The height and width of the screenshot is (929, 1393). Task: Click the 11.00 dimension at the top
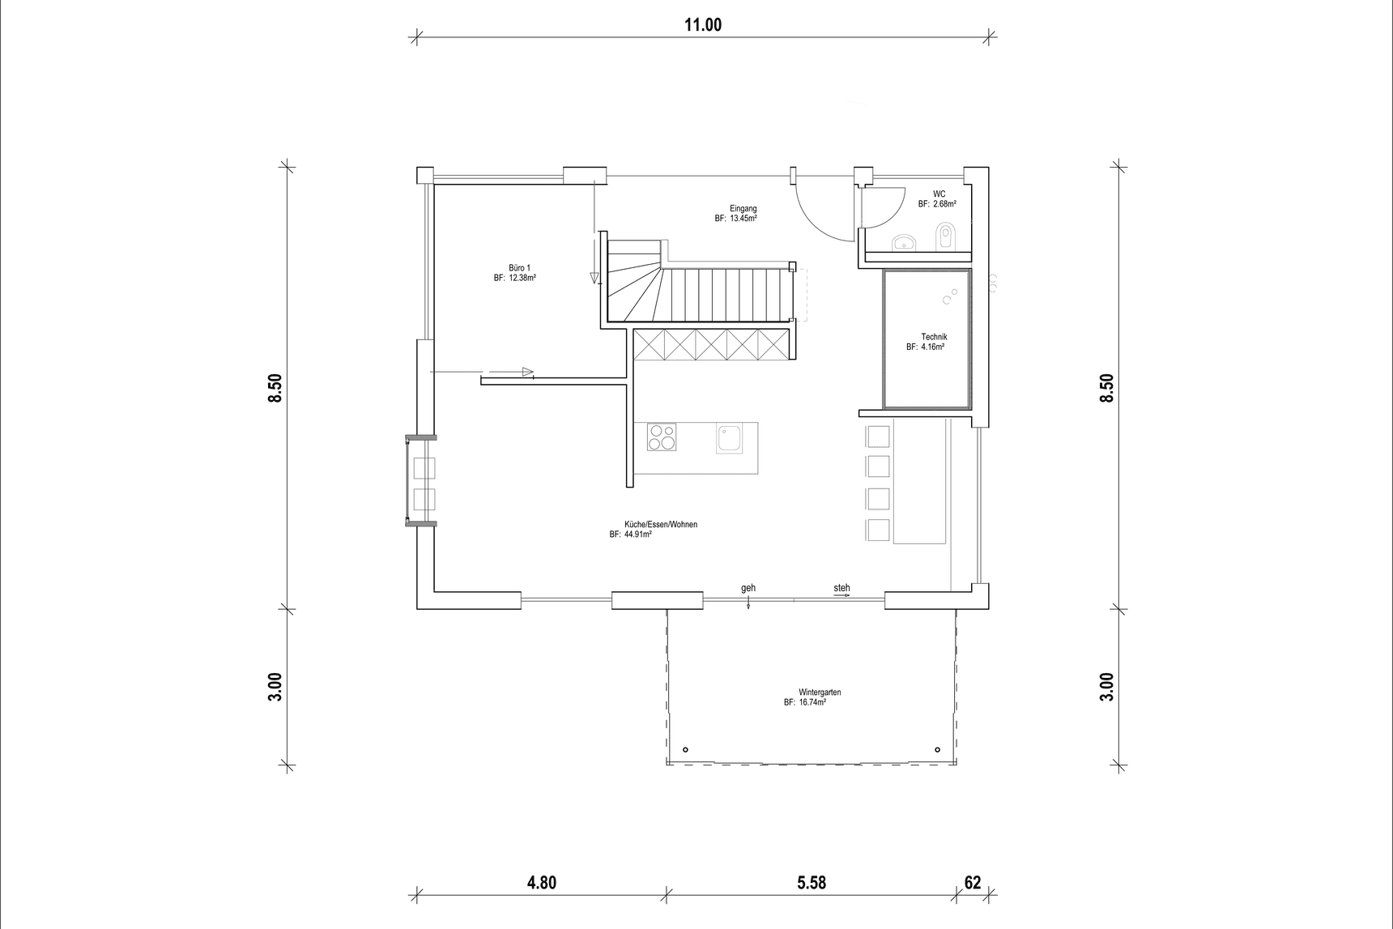coord(702,24)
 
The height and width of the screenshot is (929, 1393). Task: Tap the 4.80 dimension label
coord(541,882)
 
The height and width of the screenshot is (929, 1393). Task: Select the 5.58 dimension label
coord(811,882)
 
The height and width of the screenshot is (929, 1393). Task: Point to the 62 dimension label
coord(972,882)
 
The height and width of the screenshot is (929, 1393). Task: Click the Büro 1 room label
coord(519,268)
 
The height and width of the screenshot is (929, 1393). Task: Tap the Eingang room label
coord(743,209)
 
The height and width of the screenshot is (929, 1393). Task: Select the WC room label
coord(939,194)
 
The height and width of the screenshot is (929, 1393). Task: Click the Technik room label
coord(934,337)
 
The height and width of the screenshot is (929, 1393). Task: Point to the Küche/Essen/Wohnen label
coord(661,525)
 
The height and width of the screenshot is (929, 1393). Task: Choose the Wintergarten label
coord(820,692)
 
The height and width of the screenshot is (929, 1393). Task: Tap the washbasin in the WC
coord(904,241)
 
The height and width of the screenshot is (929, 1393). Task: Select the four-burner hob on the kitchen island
coord(662,437)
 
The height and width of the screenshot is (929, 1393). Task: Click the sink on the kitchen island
coord(730,437)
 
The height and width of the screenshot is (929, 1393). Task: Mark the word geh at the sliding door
coord(748,588)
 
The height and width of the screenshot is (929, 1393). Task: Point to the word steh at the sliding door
coord(841,588)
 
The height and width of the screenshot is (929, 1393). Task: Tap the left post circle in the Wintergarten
coord(685,749)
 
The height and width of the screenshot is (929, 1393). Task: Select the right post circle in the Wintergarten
coord(937,749)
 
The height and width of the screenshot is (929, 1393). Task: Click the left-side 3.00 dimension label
coord(275,687)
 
